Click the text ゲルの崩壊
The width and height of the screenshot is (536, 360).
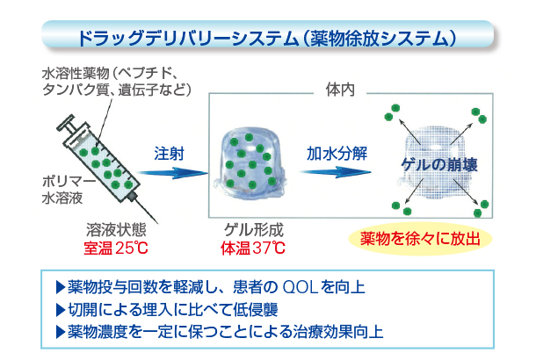[x=438, y=163]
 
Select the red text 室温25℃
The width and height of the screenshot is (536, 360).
[x=111, y=247]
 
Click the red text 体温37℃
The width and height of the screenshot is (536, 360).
[x=253, y=247]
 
